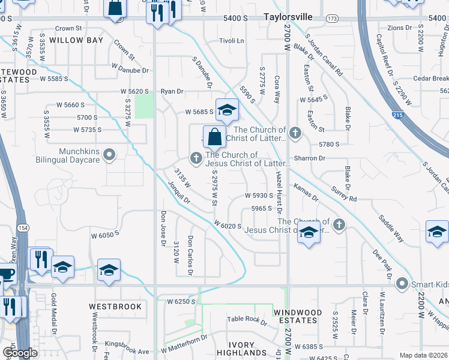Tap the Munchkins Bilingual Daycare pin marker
(x=109, y=156)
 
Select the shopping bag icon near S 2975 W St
(x=214, y=137)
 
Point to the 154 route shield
(x=23, y=227)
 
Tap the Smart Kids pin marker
(x=402, y=283)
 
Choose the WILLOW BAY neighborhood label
(x=76, y=40)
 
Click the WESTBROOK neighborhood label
(x=115, y=307)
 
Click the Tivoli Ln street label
(x=231, y=41)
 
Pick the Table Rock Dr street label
(x=247, y=320)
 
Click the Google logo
(x=20, y=353)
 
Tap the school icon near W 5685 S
(x=227, y=110)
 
